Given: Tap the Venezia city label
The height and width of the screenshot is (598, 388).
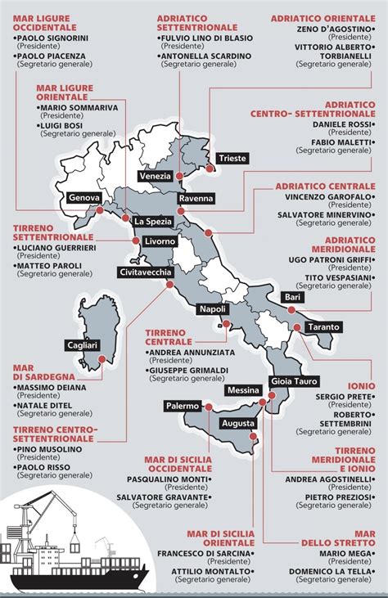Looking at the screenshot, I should pyautogui.click(x=156, y=176).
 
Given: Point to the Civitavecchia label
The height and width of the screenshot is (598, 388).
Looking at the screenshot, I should pyautogui.click(x=146, y=272).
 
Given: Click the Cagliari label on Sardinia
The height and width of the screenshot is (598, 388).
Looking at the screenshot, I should pyautogui.click(x=82, y=346).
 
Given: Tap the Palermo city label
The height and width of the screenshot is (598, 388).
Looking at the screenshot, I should pyautogui.click(x=182, y=406).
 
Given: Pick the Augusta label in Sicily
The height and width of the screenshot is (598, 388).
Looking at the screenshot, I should pyautogui.click(x=237, y=424).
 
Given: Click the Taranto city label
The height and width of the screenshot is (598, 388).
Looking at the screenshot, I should pyautogui.click(x=323, y=328).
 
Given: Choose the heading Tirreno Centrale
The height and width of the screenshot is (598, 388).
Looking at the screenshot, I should pyautogui.click(x=168, y=336).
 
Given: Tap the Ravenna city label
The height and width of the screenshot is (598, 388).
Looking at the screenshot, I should pyautogui.click(x=196, y=199).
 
